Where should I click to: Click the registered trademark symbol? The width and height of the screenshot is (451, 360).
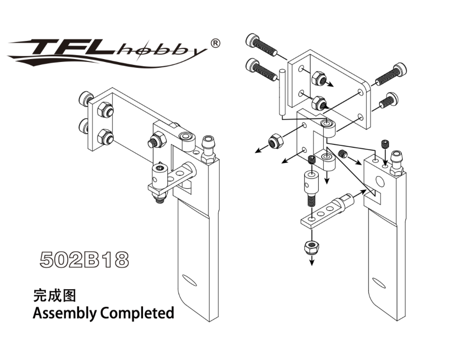click(x=215, y=42)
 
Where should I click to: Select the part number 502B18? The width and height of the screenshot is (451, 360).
click(x=84, y=260)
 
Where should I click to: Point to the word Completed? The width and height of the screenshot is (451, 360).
click(x=137, y=313)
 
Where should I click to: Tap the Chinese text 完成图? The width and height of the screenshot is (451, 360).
click(x=54, y=295)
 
